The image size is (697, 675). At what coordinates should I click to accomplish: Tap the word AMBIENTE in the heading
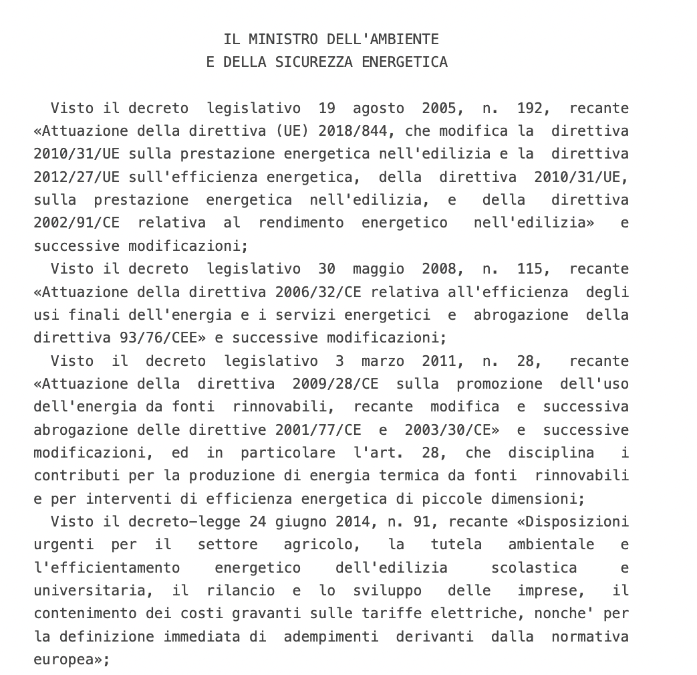404,39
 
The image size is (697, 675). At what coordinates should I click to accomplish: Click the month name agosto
378,108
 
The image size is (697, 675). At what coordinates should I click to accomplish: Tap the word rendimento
301,223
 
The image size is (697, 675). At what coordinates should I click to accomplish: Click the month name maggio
378,269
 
